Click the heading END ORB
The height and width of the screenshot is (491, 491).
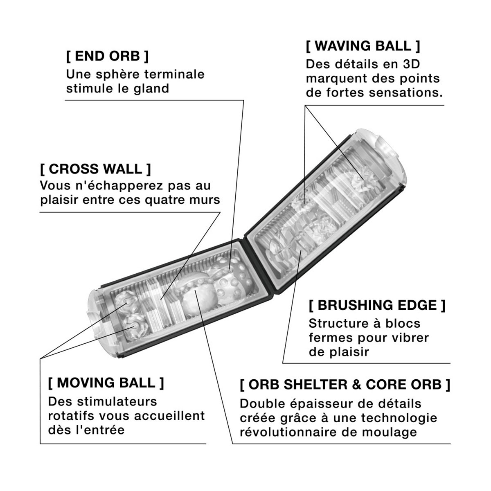[107, 56]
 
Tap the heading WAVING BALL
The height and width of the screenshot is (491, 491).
[363, 46]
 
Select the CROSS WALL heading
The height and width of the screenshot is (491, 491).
[96, 169]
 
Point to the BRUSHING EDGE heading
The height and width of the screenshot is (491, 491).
[377, 305]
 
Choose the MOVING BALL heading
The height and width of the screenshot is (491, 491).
[106, 383]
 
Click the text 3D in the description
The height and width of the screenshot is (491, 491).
[412, 64]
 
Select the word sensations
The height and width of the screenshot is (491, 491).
[406, 92]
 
